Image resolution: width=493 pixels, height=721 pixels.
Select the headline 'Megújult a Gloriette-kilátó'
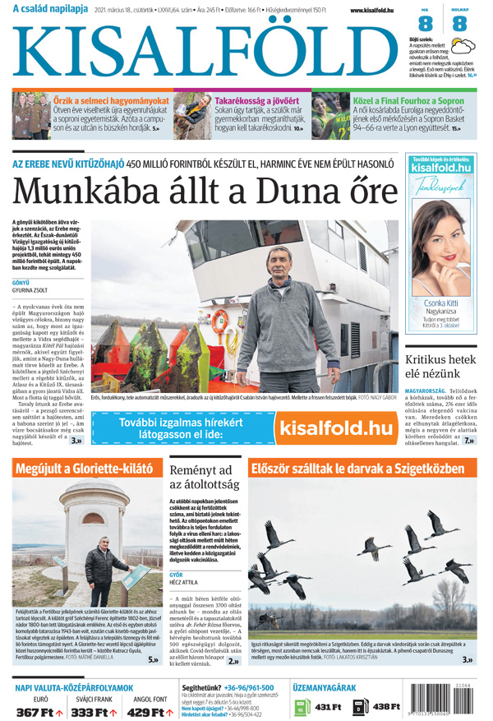(x=85, y=469)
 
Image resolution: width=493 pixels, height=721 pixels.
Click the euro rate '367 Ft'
(x=36, y=712)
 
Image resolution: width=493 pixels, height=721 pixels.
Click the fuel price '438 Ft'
(x=385, y=707)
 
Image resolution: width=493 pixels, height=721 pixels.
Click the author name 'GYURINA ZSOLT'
(x=30, y=290)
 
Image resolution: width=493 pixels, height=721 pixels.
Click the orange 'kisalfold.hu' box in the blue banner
(x=335, y=428)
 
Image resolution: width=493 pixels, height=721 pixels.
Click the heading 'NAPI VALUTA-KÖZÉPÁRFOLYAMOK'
(x=74, y=687)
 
